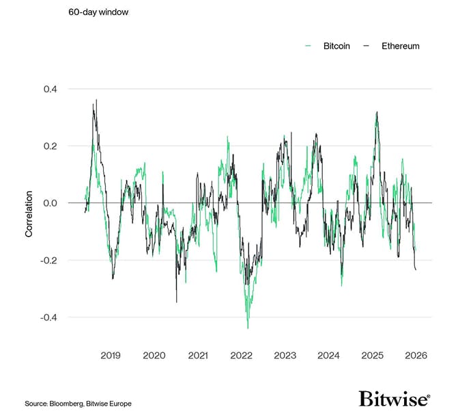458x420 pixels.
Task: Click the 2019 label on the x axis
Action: coord(111,356)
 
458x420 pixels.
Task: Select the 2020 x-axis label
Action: coord(154,356)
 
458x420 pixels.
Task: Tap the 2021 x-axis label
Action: coord(198,356)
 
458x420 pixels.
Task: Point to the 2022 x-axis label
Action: coord(242,356)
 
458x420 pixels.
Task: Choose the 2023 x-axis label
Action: coord(285,356)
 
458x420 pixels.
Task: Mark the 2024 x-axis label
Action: coord(329,356)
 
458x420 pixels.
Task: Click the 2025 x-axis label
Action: coord(373,356)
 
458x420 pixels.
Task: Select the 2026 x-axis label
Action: coord(416,356)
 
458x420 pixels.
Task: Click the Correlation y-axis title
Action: coord(29,215)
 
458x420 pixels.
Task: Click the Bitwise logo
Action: coord(395,399)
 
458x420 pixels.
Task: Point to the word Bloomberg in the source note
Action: coord(70,404)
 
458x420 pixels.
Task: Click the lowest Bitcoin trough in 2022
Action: coord(248,327)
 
